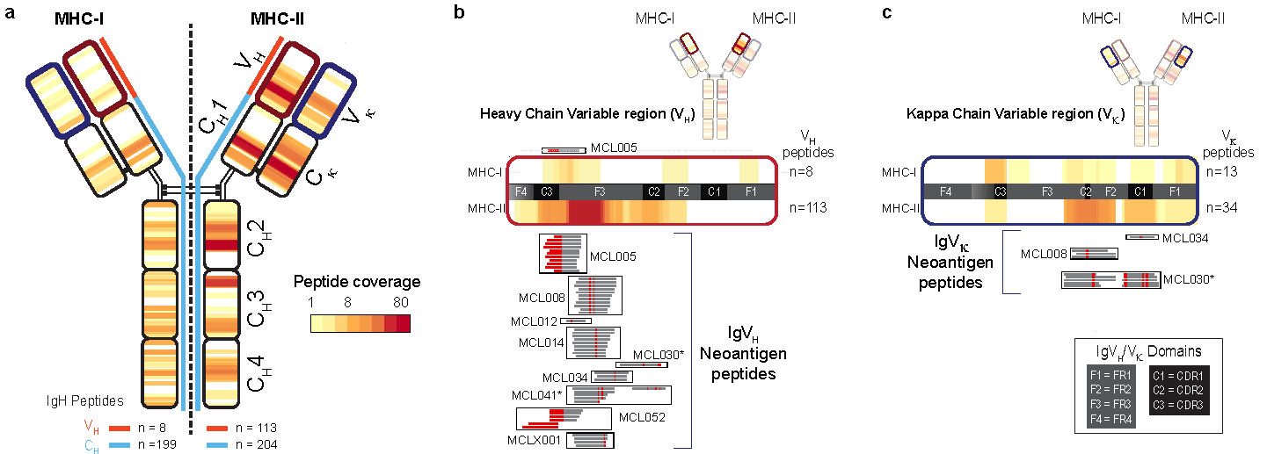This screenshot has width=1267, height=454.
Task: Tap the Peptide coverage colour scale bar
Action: pyautogui.click(x=360, y=323)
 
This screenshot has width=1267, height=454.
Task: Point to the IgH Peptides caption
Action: pyautogui.click(x=84, y=401)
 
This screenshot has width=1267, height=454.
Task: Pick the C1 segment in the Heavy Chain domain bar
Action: pyautogui.click(x=714, y=191)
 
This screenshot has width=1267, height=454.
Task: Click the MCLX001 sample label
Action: pyautogui.click(x=534, y=440)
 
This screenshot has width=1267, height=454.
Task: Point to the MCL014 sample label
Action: pyautogui.click(x=541, y=342)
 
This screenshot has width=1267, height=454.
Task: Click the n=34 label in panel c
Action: pyautogui.click(x=1217, y=208)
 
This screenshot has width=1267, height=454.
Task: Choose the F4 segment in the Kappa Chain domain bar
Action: pyautogui.click(x=946, y=191)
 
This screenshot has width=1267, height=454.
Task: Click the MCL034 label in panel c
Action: pyautogui.click(x=1183, y=238)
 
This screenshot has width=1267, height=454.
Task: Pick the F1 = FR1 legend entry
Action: pyautogui.click(x=1112, y=374)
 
